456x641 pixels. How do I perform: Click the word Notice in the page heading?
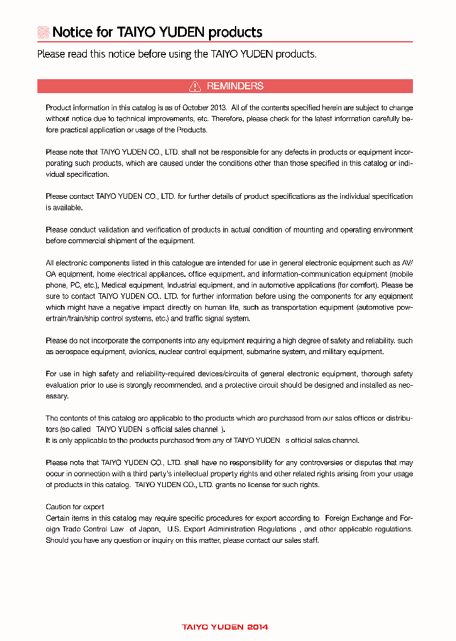72,32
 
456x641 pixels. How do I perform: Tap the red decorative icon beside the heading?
43,32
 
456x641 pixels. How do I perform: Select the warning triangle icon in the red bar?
195,86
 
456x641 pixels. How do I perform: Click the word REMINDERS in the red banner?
235,86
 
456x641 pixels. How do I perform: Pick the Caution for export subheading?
75,507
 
